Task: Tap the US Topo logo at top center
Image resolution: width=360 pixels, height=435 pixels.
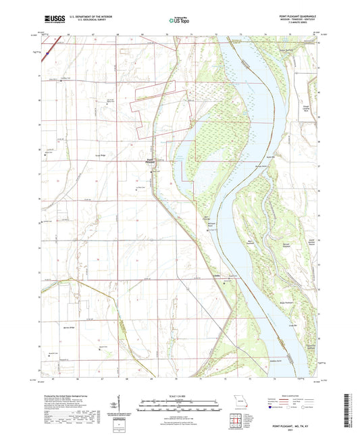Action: click(178, 21)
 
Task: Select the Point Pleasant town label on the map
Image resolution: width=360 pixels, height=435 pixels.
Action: click(150, 161)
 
